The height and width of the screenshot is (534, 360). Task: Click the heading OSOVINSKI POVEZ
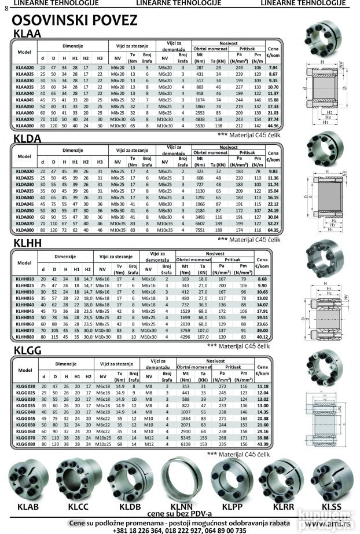75,21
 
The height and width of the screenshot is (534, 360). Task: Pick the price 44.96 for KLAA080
273,125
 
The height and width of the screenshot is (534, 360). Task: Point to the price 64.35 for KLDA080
273,229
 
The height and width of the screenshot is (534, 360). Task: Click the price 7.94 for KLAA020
273,68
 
